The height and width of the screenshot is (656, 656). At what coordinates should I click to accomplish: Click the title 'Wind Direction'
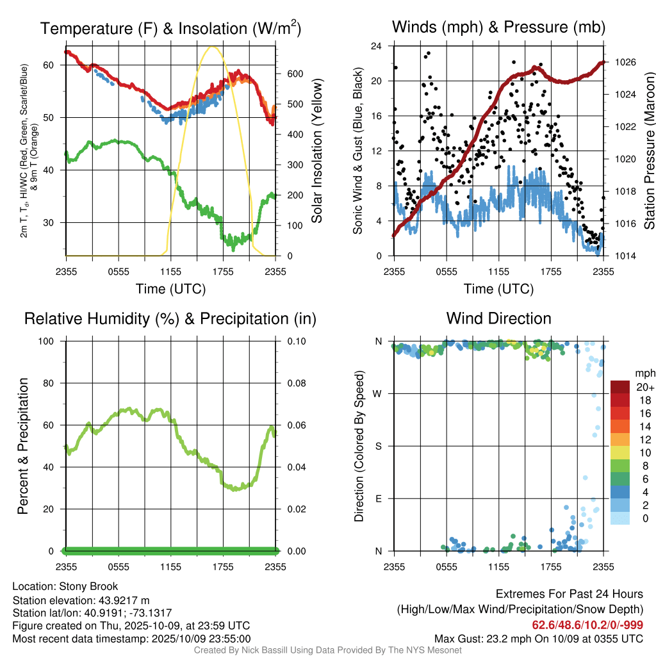point(498,318)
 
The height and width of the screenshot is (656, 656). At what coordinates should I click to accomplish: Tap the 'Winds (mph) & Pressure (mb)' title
point(498,27)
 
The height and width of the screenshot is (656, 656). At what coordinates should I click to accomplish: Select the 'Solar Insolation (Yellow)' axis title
point(316,151)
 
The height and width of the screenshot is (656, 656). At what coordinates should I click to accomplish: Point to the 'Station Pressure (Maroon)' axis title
point(648,151)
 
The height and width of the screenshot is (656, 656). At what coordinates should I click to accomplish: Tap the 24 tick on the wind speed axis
point(377,46)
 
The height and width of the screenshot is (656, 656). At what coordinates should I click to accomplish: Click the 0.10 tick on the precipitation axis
point(295,341)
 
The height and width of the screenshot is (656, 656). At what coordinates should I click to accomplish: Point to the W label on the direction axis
point(379,393)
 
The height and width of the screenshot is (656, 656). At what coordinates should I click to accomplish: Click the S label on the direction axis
point(379,446)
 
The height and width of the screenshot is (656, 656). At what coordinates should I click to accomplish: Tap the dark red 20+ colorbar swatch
point(619,387)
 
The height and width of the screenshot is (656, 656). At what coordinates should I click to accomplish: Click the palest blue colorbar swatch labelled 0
point(619,518)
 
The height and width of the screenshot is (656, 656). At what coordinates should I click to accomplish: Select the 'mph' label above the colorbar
point(644,373)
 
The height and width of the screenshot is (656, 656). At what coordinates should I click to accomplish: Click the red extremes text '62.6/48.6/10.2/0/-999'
point(587,625)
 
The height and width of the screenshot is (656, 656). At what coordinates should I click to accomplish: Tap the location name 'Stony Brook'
point(88,586)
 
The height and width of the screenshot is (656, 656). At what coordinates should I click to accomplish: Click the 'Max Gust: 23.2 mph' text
point(485,638)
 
